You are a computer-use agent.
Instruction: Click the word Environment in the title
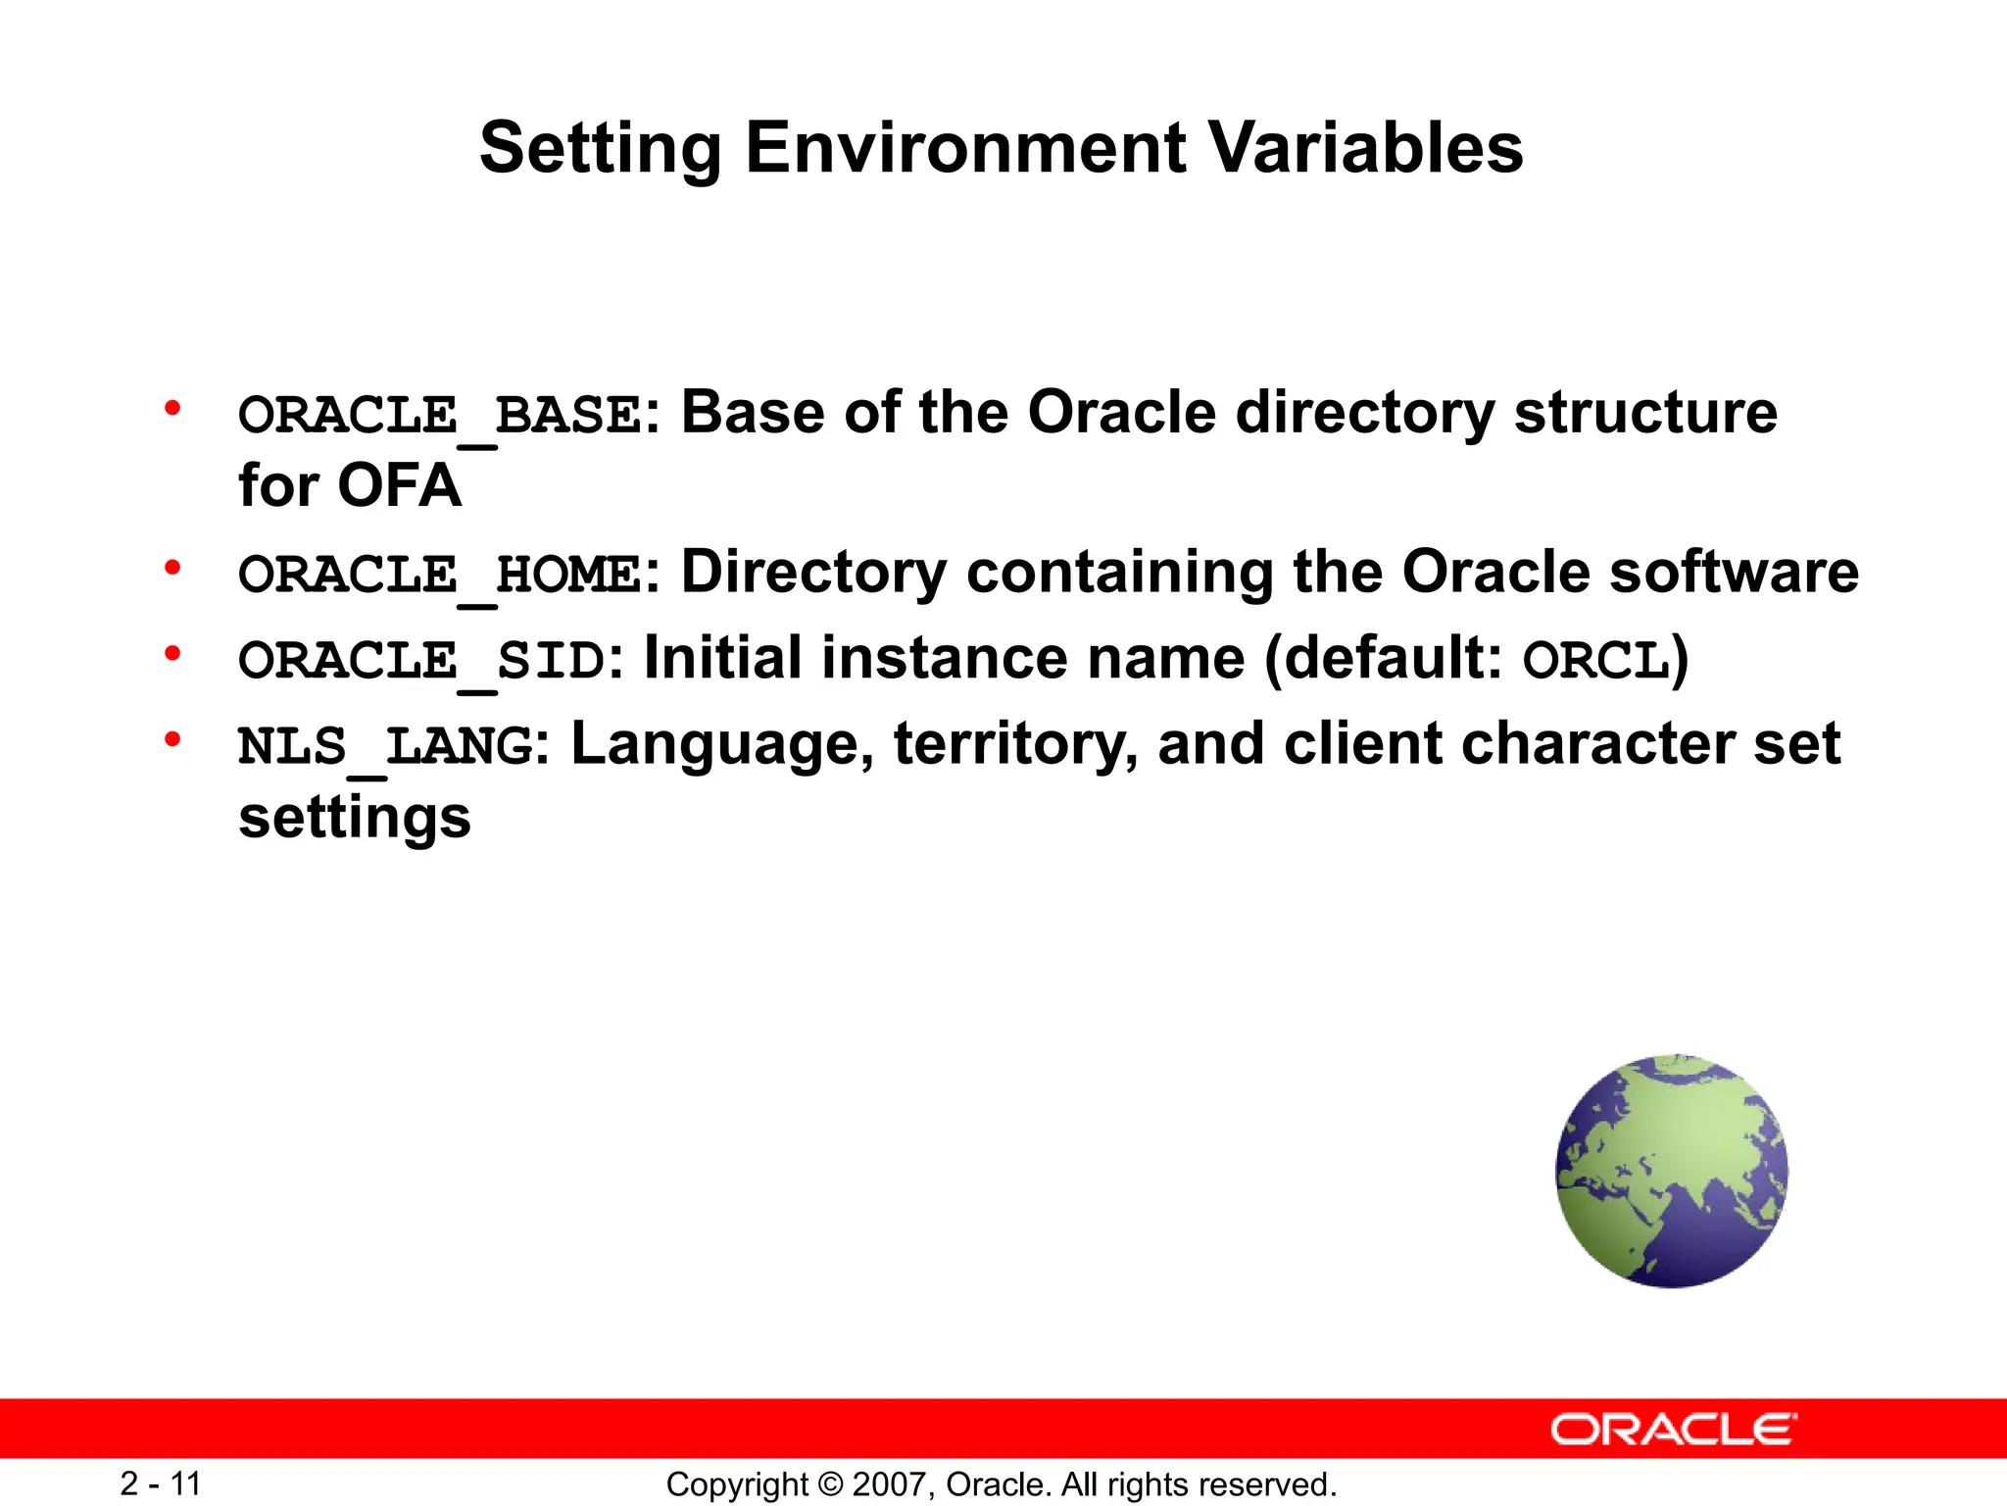965,149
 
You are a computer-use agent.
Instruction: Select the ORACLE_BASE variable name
440,415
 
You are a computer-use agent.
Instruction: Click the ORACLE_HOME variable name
440,575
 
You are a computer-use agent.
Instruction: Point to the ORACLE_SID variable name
421,660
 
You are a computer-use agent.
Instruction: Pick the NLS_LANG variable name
386,746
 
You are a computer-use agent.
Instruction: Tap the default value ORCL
1595,660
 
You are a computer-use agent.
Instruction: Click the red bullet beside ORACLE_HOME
173,568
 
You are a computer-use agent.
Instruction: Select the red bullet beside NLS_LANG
173,739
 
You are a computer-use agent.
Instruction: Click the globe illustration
1672,1171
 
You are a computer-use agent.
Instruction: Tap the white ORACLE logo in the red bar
1673,1430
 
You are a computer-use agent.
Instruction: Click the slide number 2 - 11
161,1483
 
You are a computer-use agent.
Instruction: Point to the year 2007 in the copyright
884,1484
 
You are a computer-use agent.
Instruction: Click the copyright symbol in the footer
830,1484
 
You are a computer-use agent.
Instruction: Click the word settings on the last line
355,818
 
